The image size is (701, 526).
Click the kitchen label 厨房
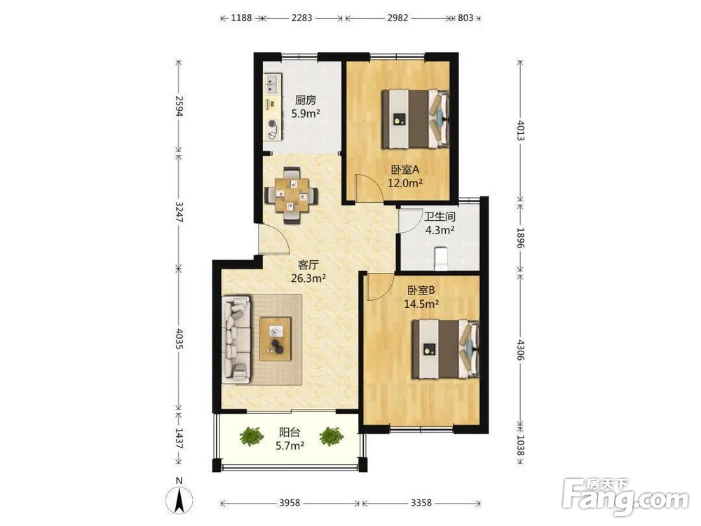(306, 100)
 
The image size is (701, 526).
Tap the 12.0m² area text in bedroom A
(405, 183)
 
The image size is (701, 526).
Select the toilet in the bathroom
(441, 258)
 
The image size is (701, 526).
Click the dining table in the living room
(292, 195)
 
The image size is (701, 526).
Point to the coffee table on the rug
(275, 339)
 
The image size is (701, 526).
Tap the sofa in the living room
(236, 339)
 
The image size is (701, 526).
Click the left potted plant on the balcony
(251, 436)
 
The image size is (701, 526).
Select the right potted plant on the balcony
(332, 436)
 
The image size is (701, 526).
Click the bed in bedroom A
(415, 119)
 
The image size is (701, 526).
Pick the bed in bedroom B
(446, 349)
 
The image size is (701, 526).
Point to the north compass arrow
(179, 500)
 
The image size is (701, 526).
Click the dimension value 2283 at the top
(301, 18)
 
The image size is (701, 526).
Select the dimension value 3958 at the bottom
(290, 503)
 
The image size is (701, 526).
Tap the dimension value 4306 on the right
(520, 350)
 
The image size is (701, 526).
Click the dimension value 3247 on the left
(179, 212)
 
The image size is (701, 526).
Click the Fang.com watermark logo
(625, 496)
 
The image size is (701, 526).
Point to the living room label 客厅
(308, 265)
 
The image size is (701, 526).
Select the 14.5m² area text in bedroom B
(421, 304)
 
